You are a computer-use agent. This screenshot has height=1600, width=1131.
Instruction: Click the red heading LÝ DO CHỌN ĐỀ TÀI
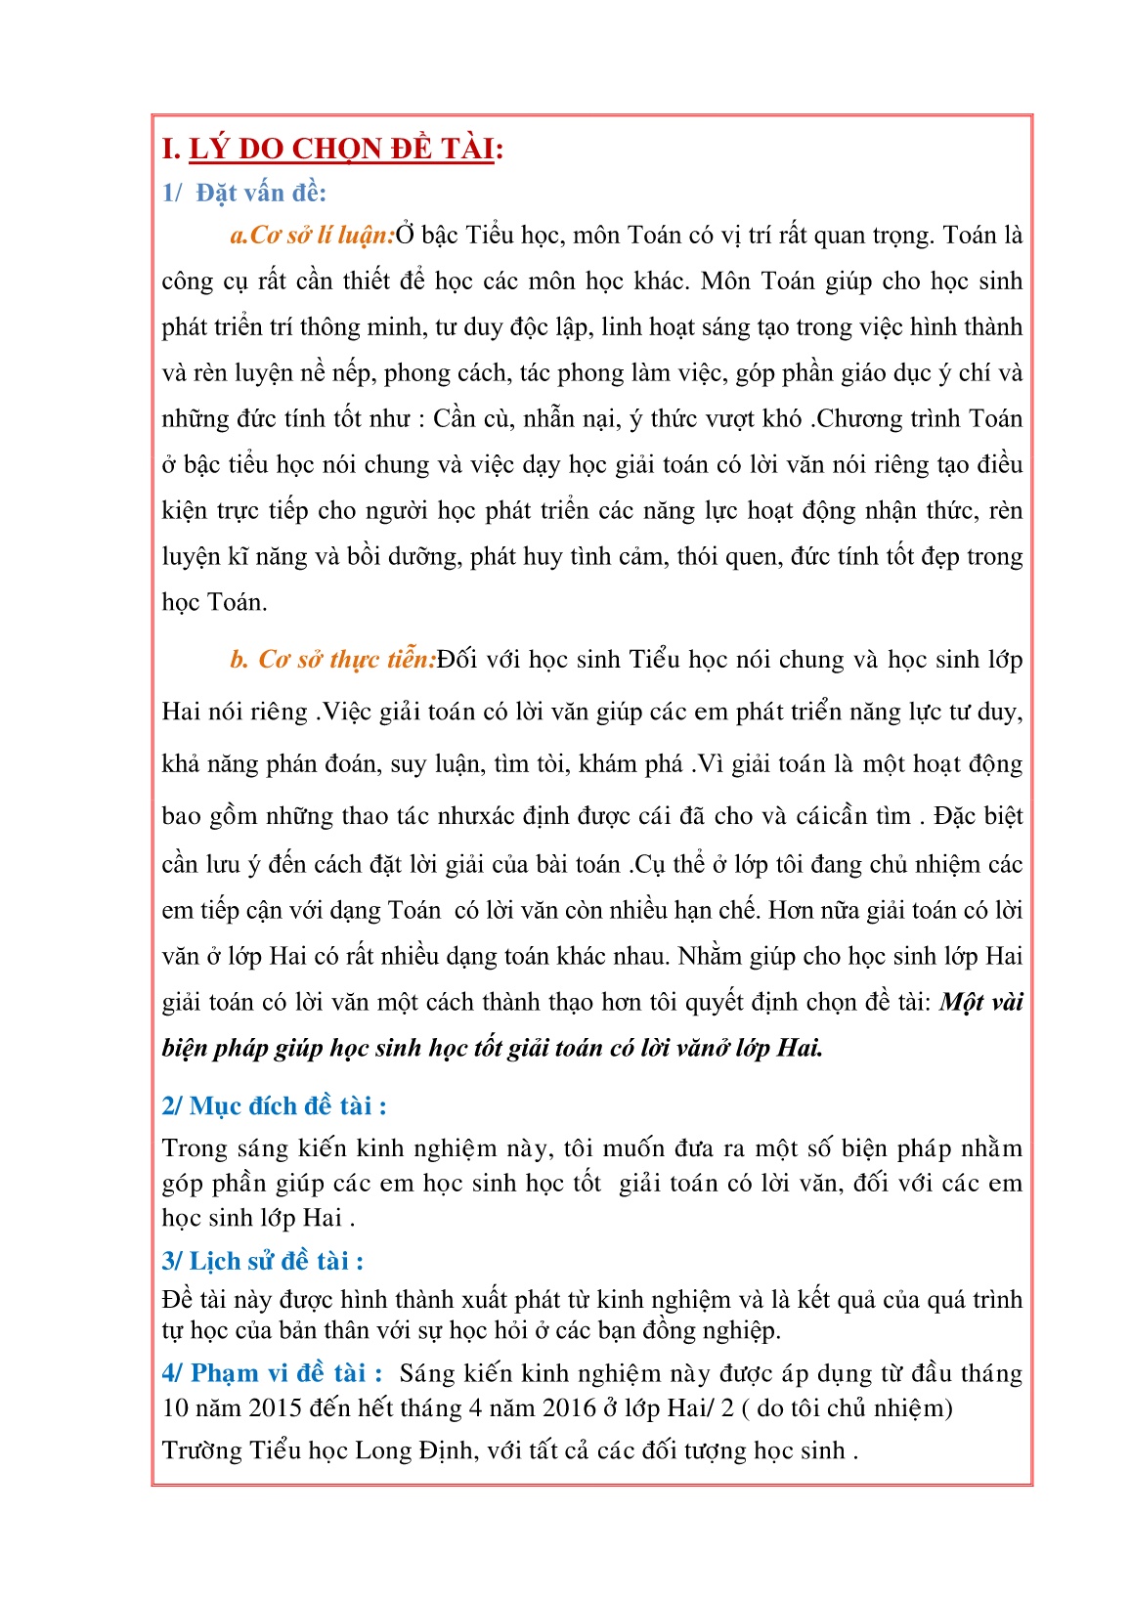pyautogui.click(x=344, y=149)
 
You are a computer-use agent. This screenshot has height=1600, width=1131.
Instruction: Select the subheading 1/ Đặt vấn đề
pyautogui.click(x=244, y=193)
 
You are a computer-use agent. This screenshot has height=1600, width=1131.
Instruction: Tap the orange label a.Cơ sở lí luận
pyautogui.click(x=312, y=236)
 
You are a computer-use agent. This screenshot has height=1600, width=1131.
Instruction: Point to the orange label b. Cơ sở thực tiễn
pyautogui.click(x=332, y=660)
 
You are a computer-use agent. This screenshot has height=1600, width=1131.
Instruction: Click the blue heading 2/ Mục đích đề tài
pyautogui.click(x=274, y=1105)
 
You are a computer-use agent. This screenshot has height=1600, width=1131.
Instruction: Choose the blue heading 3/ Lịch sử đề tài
pyautogui.click(x=262, y=1261)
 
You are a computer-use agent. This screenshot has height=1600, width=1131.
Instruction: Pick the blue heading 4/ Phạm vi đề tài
pyautogui.click(x=272, y=1373)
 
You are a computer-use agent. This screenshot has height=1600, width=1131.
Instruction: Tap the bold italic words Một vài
pyautogui.click(x=980, y=1003)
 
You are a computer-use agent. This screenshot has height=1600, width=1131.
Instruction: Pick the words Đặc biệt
pyautogui.click(x=978, y=816)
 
